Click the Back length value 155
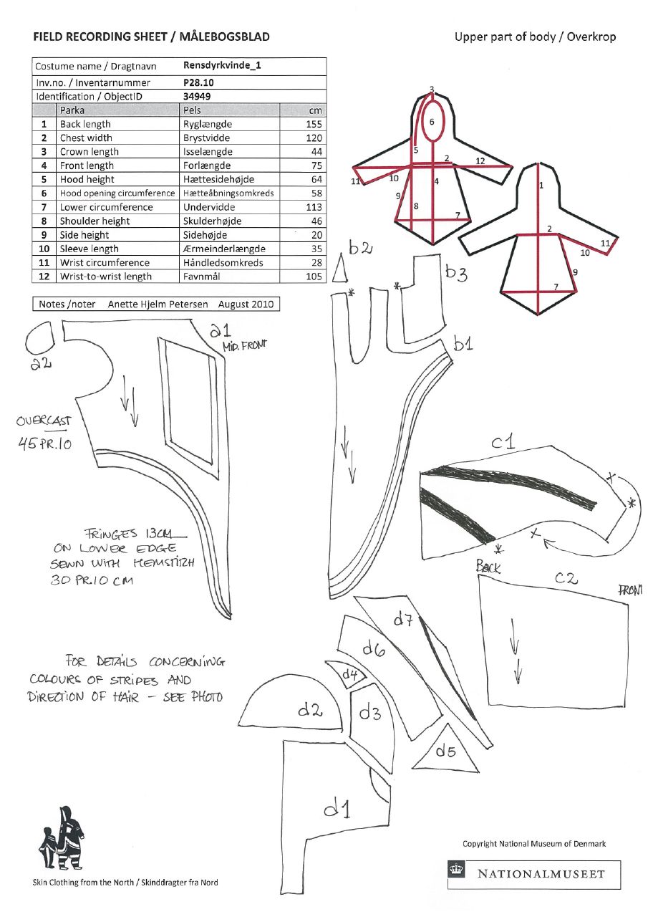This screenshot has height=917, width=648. pyautogui.click(x=314, y=124)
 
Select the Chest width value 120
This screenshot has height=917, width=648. pyautogui.click(x=314, y=138)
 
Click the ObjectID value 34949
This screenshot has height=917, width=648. pyautogui.click(x=197, y=96)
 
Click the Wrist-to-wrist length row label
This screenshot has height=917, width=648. pyautogui.click(x=106, y=277)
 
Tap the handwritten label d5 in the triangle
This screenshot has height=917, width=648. pyautogui.click(x=446, y=752)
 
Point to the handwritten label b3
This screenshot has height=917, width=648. pyautogui.click(x=457, y=273)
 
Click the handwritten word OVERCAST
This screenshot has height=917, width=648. pyautogui.click(x=44, y=421)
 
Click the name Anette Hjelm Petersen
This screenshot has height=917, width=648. pyautogui.click(x=158, y=304)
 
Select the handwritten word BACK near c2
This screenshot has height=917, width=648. pyautogui.click(x=489, y=567)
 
